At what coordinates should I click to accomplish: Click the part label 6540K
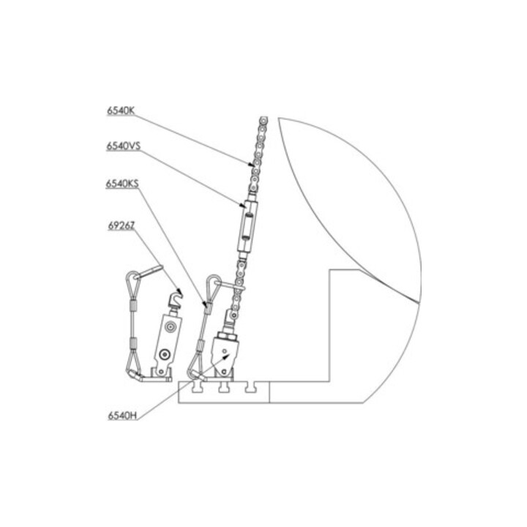pos(121,111)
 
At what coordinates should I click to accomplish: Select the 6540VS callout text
pos(124,146)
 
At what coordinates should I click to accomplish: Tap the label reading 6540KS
pos(122,184)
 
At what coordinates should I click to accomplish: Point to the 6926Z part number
pos(122,225)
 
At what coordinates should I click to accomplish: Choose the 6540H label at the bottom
pos(122,416)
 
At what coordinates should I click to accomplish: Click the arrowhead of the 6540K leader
pos(251,165)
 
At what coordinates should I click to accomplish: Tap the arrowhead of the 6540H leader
pos(226,357)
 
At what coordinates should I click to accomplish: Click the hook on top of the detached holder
pos(176,299)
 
